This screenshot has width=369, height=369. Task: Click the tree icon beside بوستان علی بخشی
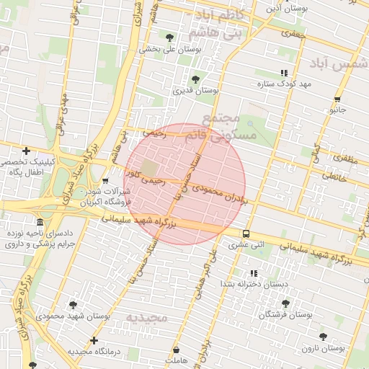pos(169,37)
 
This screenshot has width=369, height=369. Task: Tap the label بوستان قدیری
pos(195,91)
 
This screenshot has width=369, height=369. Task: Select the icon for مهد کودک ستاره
pos(284,73)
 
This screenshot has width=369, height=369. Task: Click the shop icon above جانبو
pos(337,99)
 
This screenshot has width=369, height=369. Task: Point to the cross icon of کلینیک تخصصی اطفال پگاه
pos(27,151)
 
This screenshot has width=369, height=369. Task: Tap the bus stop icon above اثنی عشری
pos(246,234)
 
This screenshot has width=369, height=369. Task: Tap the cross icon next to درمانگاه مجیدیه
pos(94,340)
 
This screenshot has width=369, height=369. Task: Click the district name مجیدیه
pos(146,317)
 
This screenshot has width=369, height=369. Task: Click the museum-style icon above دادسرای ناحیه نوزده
pos(39,222)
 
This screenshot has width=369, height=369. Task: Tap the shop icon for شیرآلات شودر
pos(106,181)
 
